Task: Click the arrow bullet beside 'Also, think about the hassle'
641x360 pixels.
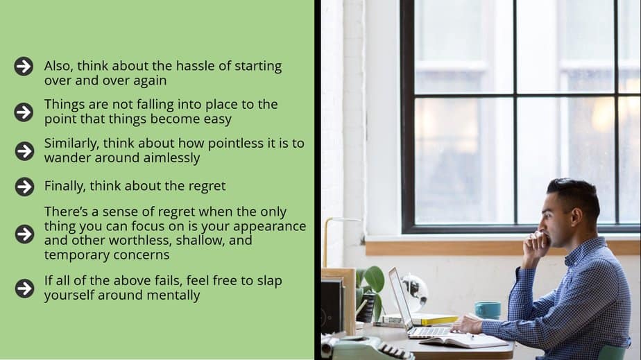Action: pyautogui.click(x=24, y=66)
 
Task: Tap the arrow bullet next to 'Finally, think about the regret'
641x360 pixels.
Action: pyautogui.click(x=24, y=187)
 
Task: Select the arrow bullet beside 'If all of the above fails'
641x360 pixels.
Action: pyautogui.click(x=24, y=289)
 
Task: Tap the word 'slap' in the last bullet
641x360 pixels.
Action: pyautogui.click(x=269, y=281)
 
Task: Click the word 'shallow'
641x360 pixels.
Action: pyautogui.click(x=198, y=240)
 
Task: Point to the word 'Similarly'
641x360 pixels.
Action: pyautogui.click(x=71, y=144)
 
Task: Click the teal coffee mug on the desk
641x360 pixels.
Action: pyautogui.click(x=488, y=310)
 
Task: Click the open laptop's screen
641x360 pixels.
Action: pyautogui.click(x=398, y=299)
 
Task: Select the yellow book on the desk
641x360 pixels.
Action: pyautogui.click(x=438, y=320)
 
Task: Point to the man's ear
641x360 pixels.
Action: pyautogui.click(x=576, y=217)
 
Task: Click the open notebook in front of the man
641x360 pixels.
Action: pyautogui.click(x=464, y=340)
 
